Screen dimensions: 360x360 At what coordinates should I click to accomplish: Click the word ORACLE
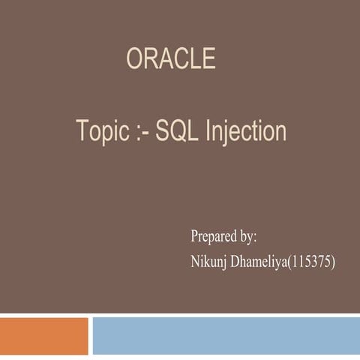click(x=171, y=58)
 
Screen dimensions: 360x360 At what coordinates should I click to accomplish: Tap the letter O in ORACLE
click(x=135, y=58)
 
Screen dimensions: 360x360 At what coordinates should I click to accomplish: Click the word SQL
click(x=179, y=131)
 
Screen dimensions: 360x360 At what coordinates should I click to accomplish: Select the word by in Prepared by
click(x=246, y=237)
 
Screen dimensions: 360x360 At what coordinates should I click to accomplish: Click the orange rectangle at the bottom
click(x=43, y=335)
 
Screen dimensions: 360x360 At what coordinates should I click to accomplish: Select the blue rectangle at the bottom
click(x=226, y=335)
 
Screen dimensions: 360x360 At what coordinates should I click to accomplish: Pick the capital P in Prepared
click(x=195, y=236)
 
